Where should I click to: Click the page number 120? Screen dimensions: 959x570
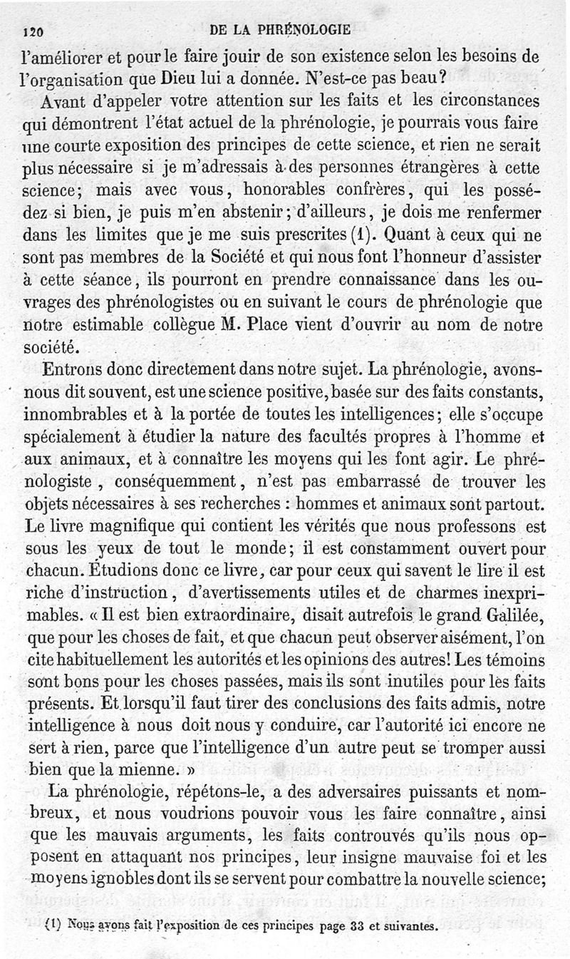point(34,31)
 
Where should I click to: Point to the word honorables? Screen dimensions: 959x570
point(294,192)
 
